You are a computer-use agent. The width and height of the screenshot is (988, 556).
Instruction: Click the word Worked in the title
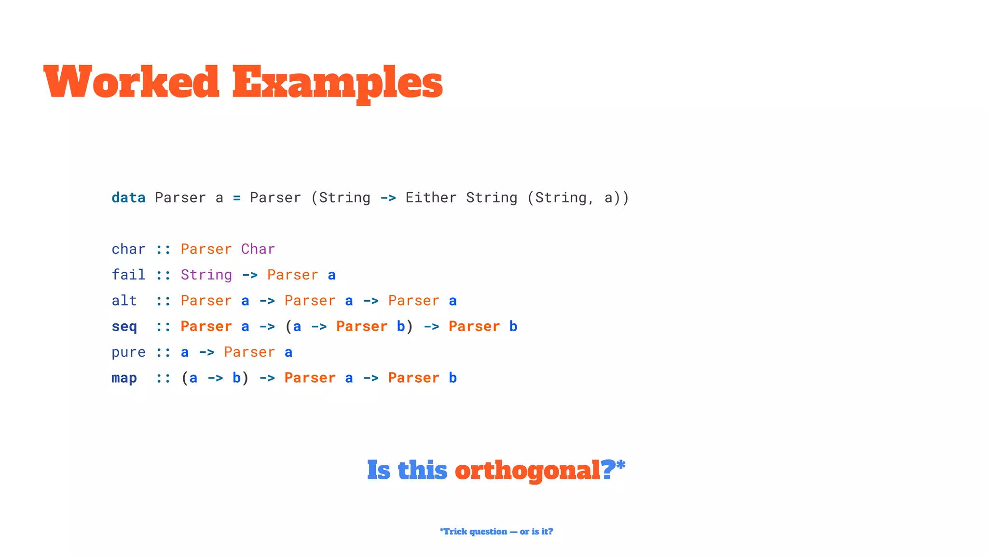coord(131,82)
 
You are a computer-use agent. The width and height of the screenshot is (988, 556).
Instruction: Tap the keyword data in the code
coord(128,198)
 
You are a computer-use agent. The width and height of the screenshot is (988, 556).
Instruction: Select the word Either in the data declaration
coord(431,198)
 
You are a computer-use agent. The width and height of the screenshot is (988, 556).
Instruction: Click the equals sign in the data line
coord(236,198)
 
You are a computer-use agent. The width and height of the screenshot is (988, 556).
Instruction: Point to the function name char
coord(128,249)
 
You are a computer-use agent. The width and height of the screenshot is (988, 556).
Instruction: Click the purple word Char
coord(258,249)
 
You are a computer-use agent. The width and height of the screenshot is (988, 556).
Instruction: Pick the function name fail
coord(128,275)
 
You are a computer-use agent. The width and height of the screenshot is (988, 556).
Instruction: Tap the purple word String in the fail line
coord(206,275)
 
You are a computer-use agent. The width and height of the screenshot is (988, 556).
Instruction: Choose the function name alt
coord(124,301)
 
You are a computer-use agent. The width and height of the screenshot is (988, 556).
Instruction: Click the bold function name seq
coord(124,327)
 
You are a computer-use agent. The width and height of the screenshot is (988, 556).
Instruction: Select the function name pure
coord(128,352)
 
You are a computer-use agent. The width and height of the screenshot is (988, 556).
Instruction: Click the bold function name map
coord(124,378)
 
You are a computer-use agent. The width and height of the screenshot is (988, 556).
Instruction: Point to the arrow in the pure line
coord(206,352)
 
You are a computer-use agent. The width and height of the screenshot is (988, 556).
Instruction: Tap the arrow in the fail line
coord(249,275)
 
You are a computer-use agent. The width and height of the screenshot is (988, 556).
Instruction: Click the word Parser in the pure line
coord(249,352)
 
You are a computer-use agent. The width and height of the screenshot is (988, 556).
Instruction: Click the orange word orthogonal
coord(527,470)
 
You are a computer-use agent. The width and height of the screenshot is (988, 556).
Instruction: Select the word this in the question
coord(423,470)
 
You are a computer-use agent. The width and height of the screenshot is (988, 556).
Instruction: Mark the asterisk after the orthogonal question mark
coord(621,465)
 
